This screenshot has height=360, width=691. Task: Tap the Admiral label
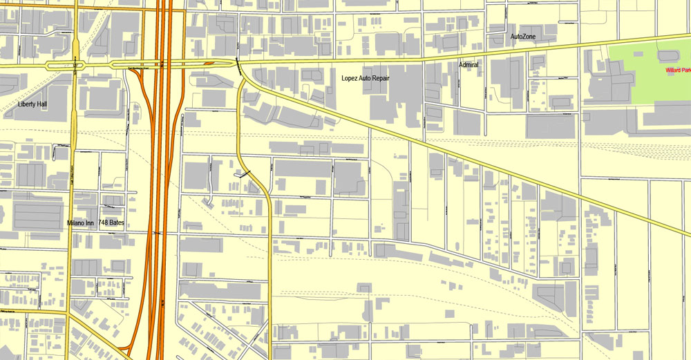pyautogui.click(x=468, y=65)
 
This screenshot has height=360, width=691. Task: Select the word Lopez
pyautogui.click(x=351, y=79)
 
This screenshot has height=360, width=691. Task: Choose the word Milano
pyautogui.click(x=75, y=223)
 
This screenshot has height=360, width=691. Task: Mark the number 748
pyautogui.click(x=103, y=223)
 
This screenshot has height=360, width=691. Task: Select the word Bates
pyautogui.click(x=117, y=223)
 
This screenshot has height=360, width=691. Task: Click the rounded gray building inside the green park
pyautogui.click(x=668, y=55)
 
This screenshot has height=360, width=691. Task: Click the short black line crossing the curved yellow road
pyautogui.click(x=243, y=175)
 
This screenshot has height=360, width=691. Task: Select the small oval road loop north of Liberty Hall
pyautogui.click(x=66, y=66)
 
